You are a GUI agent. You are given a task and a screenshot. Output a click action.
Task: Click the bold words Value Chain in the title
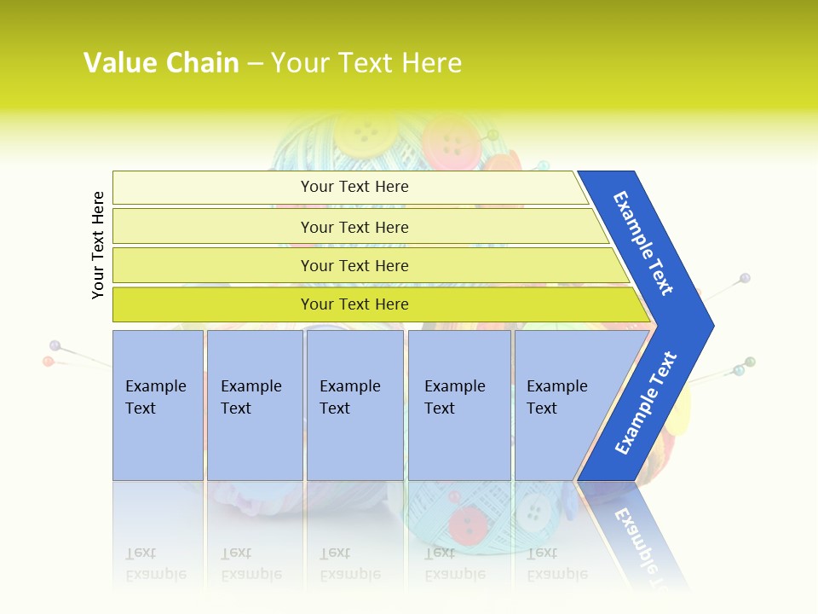[161, 62]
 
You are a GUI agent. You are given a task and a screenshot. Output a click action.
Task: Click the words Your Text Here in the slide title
[366, 62]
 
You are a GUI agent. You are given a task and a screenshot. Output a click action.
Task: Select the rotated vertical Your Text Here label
[98, 245]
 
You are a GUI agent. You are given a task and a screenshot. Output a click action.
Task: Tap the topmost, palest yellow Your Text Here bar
[354, 187]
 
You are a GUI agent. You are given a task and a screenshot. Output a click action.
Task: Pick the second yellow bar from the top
[354, 227]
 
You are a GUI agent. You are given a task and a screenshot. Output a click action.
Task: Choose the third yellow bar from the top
[354, 265]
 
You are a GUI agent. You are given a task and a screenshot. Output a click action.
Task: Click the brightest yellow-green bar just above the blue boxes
[354, 304]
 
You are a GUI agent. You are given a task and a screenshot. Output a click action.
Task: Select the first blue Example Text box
[158, 405]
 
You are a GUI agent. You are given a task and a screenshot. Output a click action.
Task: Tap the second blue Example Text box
[254, 405]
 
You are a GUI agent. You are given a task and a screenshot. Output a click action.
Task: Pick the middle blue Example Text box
[354, 405]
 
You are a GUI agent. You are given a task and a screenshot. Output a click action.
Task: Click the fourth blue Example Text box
[459, 405]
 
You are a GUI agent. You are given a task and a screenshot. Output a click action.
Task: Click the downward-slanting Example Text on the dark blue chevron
[643, 243]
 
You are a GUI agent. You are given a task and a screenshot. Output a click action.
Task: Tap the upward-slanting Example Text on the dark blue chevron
[646, 403]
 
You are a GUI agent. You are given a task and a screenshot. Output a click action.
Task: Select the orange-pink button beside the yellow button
[452, 138]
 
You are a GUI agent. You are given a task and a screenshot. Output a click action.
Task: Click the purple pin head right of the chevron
[745, 278]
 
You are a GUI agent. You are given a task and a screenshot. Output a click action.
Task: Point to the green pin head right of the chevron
[750, 362]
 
